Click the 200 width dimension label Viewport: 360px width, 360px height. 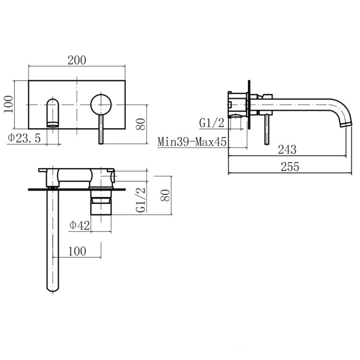(77, 60)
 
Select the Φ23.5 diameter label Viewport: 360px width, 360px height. (24, 138)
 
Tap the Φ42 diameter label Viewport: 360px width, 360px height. (79, 226)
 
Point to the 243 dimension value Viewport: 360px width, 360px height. (287, 150)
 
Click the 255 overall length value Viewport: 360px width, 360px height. (290, 167)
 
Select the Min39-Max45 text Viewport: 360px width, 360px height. (192, 142)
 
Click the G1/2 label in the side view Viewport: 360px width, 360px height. (212, 123)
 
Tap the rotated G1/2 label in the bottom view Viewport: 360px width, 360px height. (141, 200)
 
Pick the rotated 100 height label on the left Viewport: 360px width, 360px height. (9, 104)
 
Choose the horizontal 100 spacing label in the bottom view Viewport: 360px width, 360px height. (77, 251)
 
